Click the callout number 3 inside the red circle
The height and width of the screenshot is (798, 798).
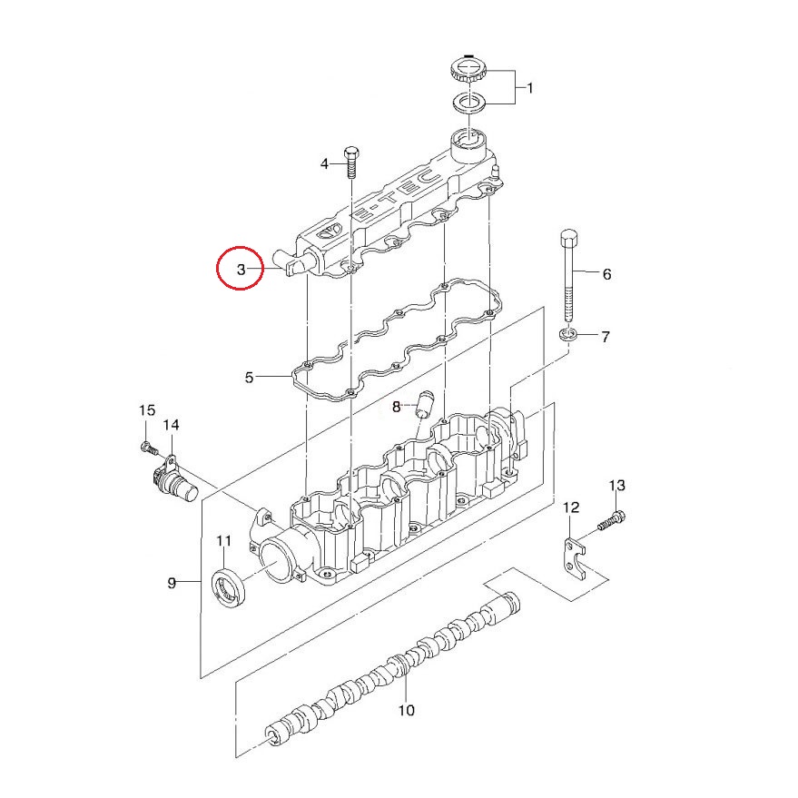click(241, 269)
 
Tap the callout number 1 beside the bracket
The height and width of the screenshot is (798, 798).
click(530, 88)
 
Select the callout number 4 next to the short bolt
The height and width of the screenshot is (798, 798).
click(324, 164)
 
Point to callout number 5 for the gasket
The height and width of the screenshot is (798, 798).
click(251, 377)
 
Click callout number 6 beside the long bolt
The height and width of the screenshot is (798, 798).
click(606, 274)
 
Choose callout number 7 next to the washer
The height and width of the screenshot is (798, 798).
click(605, 337)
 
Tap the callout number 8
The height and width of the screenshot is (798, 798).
click(396, 408)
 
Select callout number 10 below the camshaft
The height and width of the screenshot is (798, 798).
click(406, 710)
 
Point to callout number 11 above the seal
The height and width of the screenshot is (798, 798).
click(223, 542)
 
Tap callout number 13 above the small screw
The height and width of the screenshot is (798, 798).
click(616, 486)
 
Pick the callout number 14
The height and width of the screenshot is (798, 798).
click(171, 425)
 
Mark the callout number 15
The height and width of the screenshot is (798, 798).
click(146, 411)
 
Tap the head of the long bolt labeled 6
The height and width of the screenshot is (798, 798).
click(569, 240)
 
